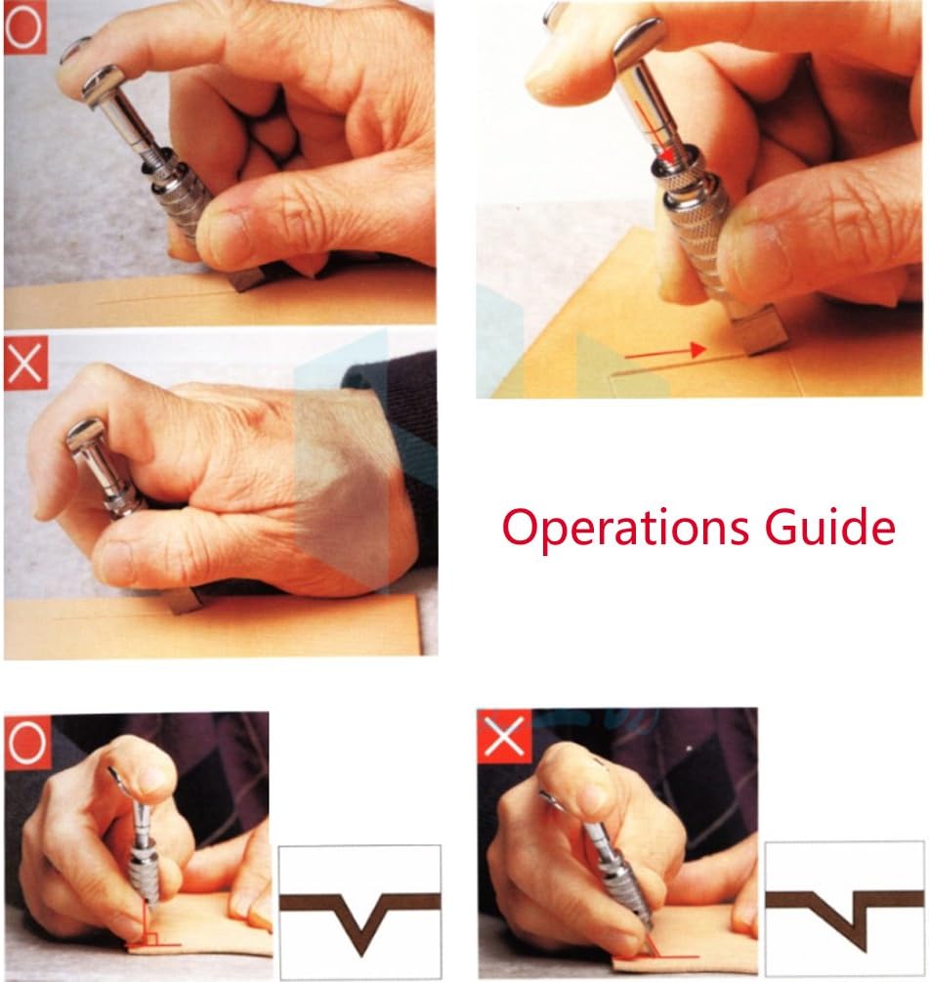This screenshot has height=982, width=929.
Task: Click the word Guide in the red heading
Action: [830, 526]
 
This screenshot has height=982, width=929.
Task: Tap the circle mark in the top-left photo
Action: [25, 27]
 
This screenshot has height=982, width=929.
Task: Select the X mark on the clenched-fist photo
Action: [25, 363]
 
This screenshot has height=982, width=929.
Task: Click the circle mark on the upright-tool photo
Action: [27, 743]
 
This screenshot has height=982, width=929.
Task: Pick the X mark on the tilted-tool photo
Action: [504, 737]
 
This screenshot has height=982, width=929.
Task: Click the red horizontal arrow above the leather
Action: [665, 352]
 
